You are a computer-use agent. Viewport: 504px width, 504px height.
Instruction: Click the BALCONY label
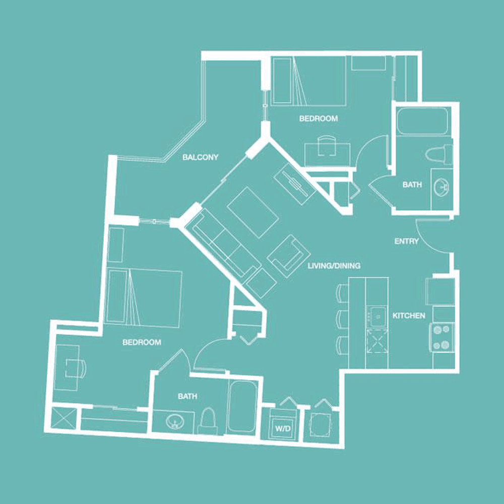point(200,157)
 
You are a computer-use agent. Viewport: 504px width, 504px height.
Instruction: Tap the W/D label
point(283,428)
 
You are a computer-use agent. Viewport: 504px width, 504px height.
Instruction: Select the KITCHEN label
point(409,316)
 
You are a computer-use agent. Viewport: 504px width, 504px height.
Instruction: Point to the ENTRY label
point(406,241)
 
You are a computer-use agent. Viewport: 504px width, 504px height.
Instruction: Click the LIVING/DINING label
point(334,266)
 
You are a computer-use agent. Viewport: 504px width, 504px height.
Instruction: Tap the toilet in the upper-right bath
point(439,153)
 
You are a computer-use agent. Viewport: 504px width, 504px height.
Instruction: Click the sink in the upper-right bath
point(442,187)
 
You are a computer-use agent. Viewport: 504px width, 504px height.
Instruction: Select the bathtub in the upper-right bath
point(422,121)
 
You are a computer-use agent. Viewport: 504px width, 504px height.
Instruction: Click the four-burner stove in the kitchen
point(442,338)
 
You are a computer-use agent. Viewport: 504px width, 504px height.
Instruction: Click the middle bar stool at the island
point(342,319)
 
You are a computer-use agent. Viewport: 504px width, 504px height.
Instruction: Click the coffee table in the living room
point(253,213)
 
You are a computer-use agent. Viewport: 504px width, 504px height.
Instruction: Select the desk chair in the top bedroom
point(327,145)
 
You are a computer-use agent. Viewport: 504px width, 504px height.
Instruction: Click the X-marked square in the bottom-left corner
point(64,418)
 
